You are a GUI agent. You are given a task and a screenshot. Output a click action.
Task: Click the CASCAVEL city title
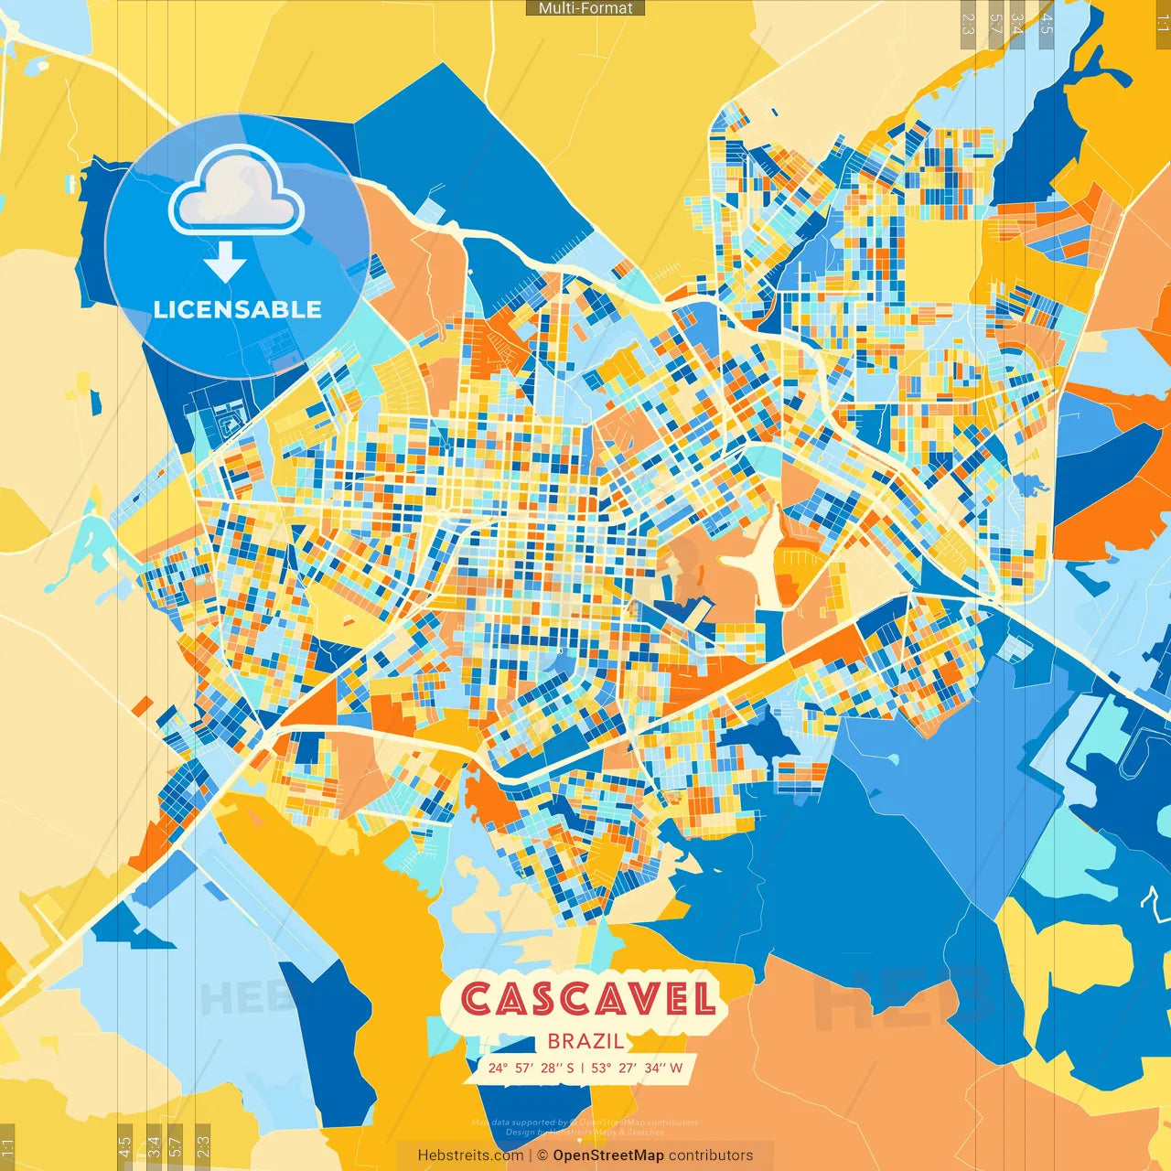click(587, 999)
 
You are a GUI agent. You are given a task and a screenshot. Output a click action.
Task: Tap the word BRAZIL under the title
click(586, 1041)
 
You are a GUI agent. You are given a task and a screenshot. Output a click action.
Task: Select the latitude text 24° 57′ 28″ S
click(532, 1068)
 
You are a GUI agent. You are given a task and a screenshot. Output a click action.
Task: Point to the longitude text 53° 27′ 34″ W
click(637, 1068)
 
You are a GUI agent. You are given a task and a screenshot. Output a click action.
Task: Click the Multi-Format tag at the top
click(585, 8)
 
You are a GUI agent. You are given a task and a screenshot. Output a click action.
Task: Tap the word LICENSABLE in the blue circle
click(238, 309)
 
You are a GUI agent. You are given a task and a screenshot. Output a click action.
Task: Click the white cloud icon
click(237, 189)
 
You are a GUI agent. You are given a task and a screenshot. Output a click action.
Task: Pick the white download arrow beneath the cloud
click(225, 263)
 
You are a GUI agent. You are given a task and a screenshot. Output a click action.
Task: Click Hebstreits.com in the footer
click(470, 1155)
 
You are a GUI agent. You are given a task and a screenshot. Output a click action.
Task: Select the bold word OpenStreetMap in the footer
click(608, 1155)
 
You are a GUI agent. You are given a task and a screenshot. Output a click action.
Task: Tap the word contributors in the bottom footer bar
click(711, 1155)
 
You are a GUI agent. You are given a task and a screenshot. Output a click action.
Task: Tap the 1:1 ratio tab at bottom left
click(7, 1147)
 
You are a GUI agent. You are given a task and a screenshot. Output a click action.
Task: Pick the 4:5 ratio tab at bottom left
click(124, 1147)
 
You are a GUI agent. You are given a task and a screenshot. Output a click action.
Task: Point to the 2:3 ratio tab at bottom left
click(203, 1147)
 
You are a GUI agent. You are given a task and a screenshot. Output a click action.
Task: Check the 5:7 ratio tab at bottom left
click(177, 1147)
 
